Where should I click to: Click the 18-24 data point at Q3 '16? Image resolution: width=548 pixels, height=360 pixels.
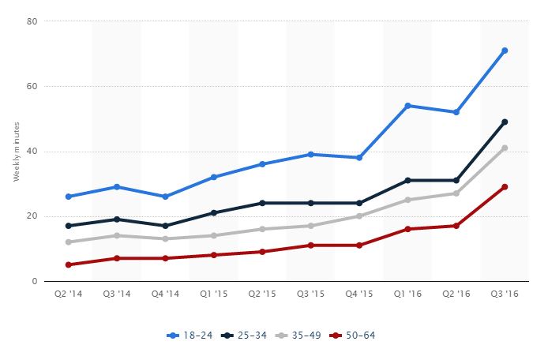pos(505,51)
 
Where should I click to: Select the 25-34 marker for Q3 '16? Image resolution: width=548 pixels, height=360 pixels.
pos(505,122)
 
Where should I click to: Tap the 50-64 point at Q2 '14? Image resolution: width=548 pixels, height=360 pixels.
pos(69,264)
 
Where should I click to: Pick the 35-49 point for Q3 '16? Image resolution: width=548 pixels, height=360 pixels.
pos(505,148)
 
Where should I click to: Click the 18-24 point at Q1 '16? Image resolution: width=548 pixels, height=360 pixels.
pos(407,106)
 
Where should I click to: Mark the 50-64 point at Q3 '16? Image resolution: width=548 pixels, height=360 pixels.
pos(505,187)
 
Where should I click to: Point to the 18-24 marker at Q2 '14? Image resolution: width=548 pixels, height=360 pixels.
pos(69,197)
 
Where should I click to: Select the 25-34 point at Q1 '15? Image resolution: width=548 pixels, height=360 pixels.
pos(214,212)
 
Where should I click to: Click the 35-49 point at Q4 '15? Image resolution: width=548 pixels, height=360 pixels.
pos(359,216)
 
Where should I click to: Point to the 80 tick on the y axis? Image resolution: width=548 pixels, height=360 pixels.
pos(33,21)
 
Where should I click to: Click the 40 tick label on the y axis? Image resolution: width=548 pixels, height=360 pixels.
pos(33,151)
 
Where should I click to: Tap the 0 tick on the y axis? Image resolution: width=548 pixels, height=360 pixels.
pos(36,281)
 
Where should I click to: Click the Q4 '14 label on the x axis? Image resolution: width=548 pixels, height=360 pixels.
pos(166,293)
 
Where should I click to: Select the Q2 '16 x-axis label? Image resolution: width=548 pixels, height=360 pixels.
pos(456,293)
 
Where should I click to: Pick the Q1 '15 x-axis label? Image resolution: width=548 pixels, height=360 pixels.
pos(214,293)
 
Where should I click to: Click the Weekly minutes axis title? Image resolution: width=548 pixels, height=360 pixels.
pos(16,151)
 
